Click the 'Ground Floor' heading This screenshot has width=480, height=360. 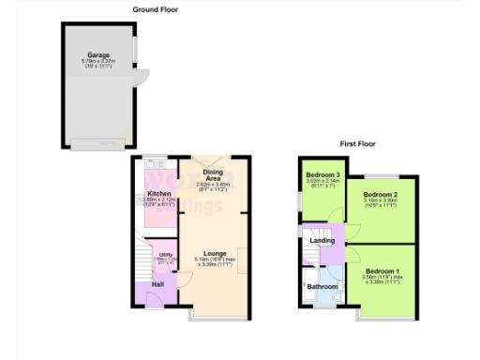pyautogui.click(x=155, y=8)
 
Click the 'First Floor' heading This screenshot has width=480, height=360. pyautogui.click(x=358, y=143)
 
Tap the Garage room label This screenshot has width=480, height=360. pyautogui.click(x=98, y=55)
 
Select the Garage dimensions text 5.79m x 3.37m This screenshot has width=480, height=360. pyautogui.click(x=98, y=62)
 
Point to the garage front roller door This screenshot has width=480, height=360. pyautogui.click(x=97, y=143)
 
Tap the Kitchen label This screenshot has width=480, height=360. pyautogui.click(x=158, y=194)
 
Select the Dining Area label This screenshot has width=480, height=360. pyautogui.click(x=212, y=175)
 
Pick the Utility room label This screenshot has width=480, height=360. pyautogui.click(x=163, y=255)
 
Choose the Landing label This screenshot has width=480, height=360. pyautogui.click(x=322, y=240)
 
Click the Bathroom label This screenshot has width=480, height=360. pyautogui.click(x=323, y=286)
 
